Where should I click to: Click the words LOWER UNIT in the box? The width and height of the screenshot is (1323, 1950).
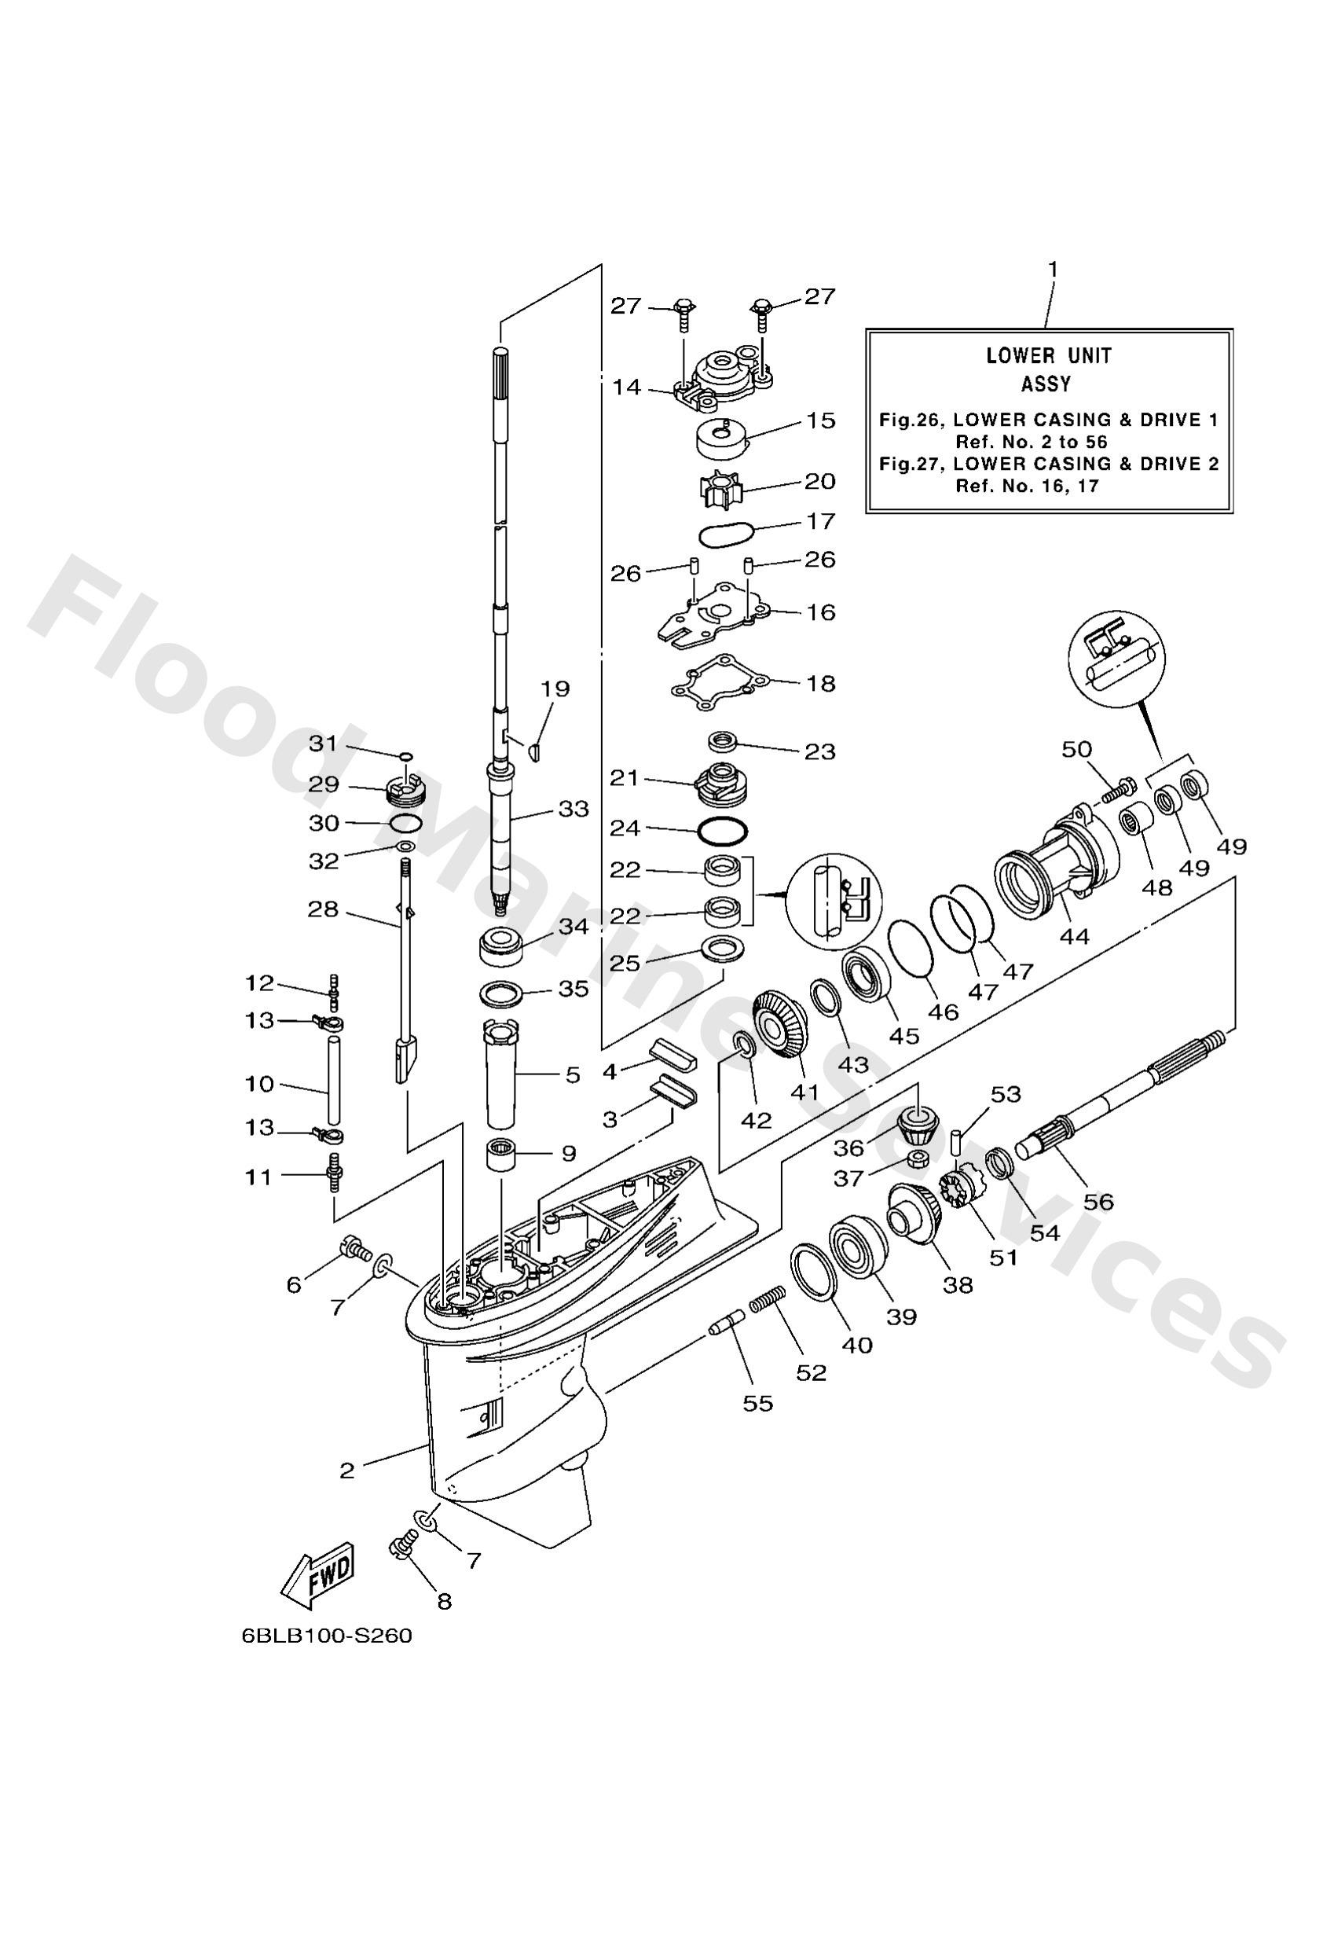pyautogui.click(x=1048, y=356)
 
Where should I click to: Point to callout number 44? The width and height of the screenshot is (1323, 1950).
pyautogui.click(x=1073, y=935)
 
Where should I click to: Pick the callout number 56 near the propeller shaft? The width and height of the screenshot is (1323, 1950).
pyautogui.click(x=1098, y=1203)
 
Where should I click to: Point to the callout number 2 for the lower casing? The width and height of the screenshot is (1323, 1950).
pyautogui.click(x=347, y=1470)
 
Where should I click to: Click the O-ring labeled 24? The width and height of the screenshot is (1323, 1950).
pyautogui.click(x=722, y=831)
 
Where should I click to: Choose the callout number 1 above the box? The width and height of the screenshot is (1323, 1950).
pyautogui.click(x=1052, y=270)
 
